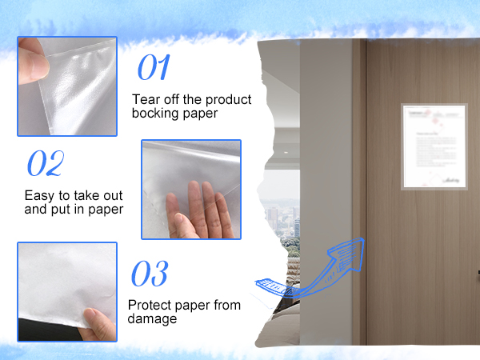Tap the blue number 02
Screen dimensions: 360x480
(x=45, y=163)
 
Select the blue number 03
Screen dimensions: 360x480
(x=149, y=274)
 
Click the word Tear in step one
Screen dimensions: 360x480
(x=146, y=100)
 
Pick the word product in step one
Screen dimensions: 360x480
(x=230, y=100)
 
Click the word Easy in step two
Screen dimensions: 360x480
(x=39, y=194)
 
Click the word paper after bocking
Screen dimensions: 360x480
(x=200, y=114)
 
